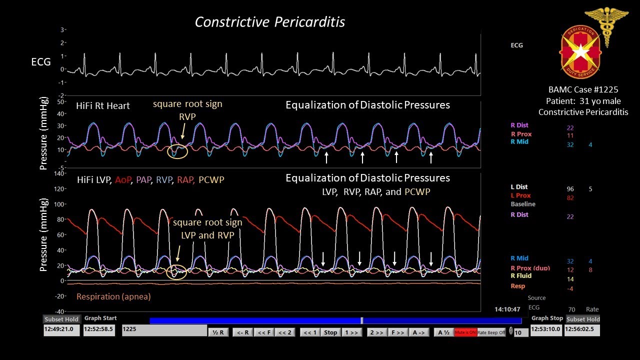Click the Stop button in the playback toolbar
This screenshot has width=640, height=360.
coord(330,332)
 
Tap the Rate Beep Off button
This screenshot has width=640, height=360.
coord(491,332)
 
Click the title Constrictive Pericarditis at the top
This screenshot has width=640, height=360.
coord(269,22)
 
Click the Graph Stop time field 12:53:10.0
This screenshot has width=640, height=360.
coord(546,330)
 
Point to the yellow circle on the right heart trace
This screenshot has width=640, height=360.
coord(177,150)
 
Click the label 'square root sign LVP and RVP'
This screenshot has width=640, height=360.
coord(207,228)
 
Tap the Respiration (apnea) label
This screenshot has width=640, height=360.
coord(113,296)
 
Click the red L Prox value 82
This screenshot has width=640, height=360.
coord(570,198)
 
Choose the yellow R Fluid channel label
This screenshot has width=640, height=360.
coord(521,275)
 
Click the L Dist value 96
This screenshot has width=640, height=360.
coord(570,189)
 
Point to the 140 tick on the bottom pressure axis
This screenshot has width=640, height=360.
coord(59,173)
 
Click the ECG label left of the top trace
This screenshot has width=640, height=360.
coord(41,62)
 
